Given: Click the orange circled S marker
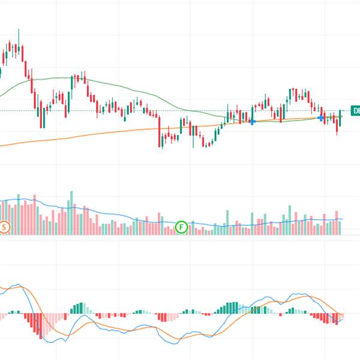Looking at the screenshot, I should (5, 227).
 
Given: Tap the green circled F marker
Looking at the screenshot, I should (182, 227).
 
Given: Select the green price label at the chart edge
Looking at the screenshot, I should (355, 110).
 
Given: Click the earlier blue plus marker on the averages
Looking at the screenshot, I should (253, 122).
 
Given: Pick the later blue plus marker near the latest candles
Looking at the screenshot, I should (322, 118).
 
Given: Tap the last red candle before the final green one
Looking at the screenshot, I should (337, 124).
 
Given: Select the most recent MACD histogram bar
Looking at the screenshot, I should (341, 316).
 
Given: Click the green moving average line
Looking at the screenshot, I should (60, 78).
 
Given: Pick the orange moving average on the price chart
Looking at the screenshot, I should (90, 133).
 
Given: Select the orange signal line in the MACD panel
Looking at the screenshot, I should (120, 331).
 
